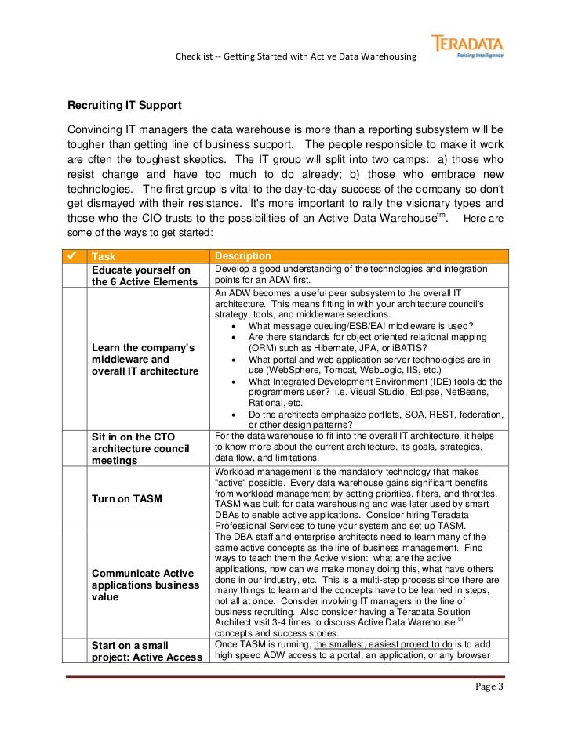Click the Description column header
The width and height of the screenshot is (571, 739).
[243, 256]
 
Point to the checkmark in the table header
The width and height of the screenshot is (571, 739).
[71, 256]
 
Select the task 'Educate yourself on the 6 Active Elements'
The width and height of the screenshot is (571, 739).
[142, 276]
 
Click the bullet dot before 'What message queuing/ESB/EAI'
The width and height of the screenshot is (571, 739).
[236, 327]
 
